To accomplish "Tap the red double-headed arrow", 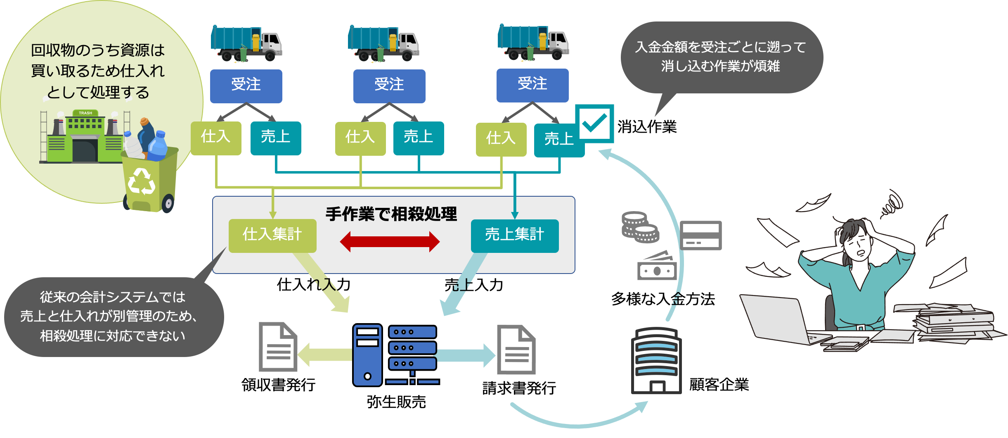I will click(390, 242).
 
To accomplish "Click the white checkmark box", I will click(594, 124).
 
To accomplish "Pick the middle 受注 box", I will click(389, 86).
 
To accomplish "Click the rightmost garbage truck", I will click(533, 42).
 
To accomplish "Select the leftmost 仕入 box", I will click(216, 138).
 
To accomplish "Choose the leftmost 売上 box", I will click(276, 138).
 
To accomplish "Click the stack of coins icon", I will click(640, 227).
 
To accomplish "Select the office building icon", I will click(656, 360).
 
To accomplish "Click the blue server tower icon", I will click(367, 355).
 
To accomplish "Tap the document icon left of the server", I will click(278, 348).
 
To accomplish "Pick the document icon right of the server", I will click(516, 350).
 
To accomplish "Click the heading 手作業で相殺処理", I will click(391, 214).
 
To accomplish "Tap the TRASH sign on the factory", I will click(85, 113).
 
